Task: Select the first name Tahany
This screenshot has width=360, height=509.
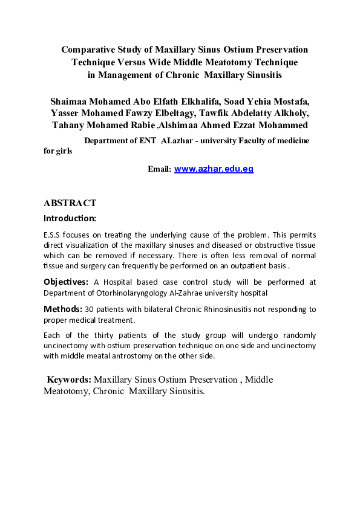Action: (67, 126)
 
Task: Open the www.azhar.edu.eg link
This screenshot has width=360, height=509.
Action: (214, 169)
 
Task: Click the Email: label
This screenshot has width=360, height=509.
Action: (160, 170)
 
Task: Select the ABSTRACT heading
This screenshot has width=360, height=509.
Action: (70, 203)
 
